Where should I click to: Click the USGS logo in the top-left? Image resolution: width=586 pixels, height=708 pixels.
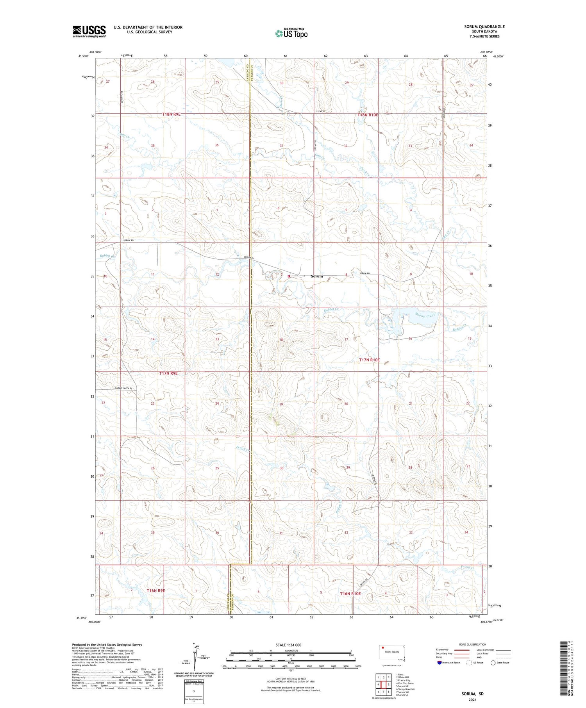89,31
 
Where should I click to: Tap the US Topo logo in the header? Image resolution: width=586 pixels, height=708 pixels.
291,34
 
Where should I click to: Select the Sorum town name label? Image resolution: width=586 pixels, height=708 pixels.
317,276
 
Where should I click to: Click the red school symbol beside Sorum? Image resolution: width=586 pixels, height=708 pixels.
289,276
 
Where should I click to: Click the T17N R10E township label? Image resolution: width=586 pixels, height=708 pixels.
369,360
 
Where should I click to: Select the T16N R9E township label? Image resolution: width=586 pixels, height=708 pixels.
156,590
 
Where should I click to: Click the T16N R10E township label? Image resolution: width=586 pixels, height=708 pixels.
350,594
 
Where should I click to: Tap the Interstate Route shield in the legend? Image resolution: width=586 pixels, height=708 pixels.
439,662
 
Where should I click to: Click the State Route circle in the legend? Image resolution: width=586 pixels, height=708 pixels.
493,662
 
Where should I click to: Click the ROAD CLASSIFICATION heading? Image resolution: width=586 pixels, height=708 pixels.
473,644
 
